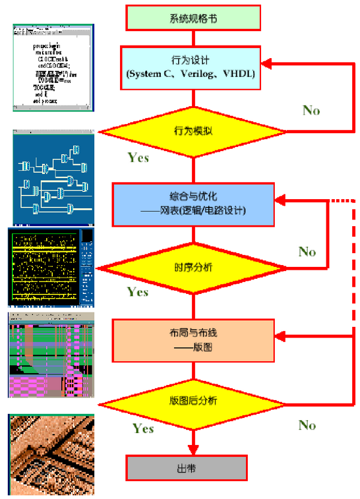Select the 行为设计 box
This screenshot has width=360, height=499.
(x=190, y=67)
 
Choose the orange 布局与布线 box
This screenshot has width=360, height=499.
(x=193, y=338)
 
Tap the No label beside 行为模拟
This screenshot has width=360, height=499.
(x=311, y=110)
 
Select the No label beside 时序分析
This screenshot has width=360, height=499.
(x=307, y=251)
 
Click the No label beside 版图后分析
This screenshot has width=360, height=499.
(x=307, y=425)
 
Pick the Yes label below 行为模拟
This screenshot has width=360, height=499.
(x=139, y=158)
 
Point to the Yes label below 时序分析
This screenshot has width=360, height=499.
(x=138, y=292)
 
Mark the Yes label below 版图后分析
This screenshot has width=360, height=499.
(x=143, y=428)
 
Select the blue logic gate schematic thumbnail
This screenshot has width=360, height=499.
(x=53, y=178)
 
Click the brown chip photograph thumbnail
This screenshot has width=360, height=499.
(x=51, y=455)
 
